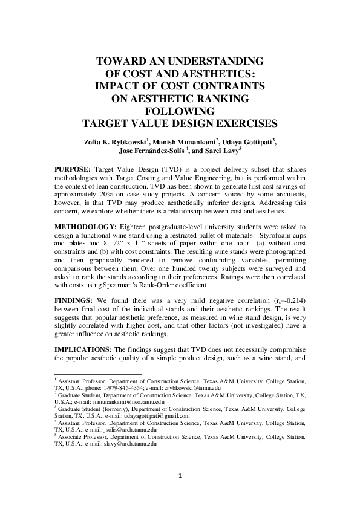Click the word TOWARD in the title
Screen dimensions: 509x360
[122, 62]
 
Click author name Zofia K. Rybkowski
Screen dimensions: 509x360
[114, 141]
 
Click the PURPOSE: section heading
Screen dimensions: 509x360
[73, 167]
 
